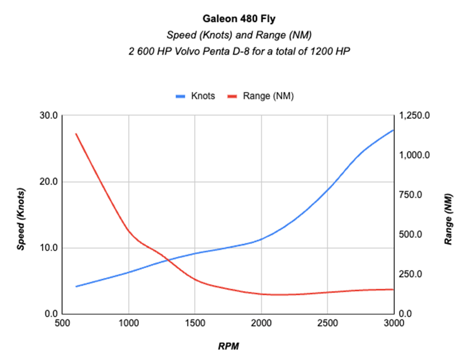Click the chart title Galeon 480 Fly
[233, 20]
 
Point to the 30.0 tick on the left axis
[49, 116]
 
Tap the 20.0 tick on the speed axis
[49, 182]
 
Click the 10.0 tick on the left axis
[49, 248]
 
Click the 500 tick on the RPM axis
[63, 323]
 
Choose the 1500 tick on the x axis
[195, 323]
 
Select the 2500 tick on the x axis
[327, 323]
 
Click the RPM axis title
[228, 346]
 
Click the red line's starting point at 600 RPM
[76, 134]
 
